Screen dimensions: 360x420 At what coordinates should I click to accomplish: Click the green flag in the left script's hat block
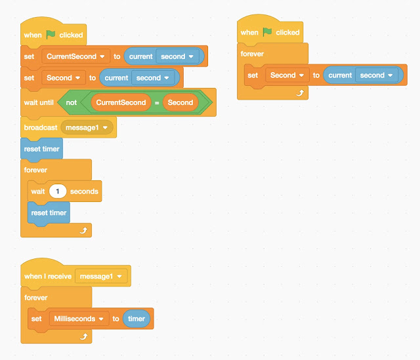tap(51, 34)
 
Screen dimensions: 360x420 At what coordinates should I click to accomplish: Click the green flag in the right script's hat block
tap(267, 32)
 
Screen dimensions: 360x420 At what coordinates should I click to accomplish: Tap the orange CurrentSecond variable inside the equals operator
tap(120, 102)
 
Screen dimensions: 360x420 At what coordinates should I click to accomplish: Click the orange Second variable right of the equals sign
tap(180, 102)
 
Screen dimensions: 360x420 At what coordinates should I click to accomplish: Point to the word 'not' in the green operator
tap(71, 102)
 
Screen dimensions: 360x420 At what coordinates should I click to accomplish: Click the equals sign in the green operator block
tap(156, 102)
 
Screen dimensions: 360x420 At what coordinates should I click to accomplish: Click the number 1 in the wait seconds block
tap(58, 191)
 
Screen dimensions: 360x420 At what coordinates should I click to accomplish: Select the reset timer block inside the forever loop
tap(49, 212)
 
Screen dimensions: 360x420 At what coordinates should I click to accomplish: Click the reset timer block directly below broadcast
tap(41, 149)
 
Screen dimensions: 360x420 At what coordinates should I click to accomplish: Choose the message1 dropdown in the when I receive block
tap(101, 277)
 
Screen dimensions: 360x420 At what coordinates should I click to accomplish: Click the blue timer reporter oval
tap(136, 319)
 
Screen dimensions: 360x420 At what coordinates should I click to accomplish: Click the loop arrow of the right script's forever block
tap(299, 94)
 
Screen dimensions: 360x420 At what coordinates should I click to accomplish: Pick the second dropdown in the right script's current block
tap(376, 75)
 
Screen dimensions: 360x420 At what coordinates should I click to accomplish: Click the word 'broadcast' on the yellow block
tap(41, 127)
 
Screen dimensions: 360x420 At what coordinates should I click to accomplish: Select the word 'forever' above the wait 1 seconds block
tap(36, 170)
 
